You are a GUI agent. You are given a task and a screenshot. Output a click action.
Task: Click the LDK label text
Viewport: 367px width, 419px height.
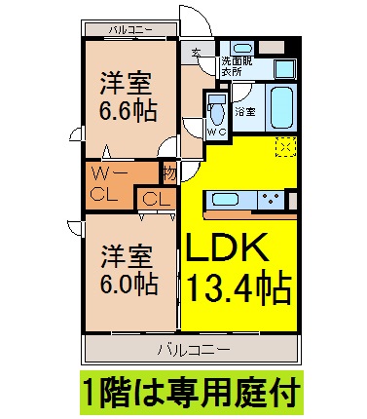point(227,248)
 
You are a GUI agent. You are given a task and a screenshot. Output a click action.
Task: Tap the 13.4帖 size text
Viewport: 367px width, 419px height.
point(239,287)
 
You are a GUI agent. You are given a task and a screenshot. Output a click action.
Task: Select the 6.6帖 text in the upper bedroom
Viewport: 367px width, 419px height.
point(128,111)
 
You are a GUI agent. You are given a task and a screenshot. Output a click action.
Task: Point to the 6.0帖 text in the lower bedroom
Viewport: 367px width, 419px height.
point(128,284)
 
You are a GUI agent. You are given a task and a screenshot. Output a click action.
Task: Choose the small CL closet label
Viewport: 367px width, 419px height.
point(157,200)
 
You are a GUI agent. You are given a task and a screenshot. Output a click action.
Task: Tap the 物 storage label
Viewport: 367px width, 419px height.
point(170,173)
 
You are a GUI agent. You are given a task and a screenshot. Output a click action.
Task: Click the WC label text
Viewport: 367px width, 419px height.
point(216,132)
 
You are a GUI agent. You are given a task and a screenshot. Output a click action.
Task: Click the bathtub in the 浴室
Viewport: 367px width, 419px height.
point(281,108)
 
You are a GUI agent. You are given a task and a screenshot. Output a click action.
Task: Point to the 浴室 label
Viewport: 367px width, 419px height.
point(245,112)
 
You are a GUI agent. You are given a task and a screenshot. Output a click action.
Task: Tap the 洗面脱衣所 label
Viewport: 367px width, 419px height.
point(237,66)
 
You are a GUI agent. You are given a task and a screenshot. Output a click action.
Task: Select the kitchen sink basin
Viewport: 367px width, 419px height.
point(226,199)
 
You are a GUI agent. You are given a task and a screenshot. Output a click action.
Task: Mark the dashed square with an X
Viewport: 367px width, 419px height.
point(285,147)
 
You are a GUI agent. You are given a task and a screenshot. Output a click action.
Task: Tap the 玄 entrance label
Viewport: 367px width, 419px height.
point(196,53)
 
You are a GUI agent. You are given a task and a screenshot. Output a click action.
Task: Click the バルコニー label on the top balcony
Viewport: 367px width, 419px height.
point(130,30)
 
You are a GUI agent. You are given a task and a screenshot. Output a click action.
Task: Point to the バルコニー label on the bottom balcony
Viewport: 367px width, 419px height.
point(194,350)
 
